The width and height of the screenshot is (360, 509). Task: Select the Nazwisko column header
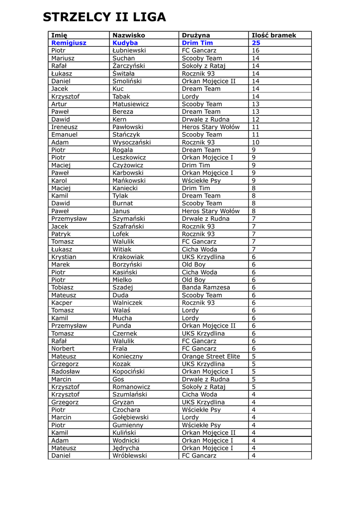point(129,35)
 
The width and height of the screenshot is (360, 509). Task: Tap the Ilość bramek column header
point(274,35)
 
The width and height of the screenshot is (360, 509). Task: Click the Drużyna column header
point(196,35)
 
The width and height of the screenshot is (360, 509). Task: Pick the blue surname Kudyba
point(125,43)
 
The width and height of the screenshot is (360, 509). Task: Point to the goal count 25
point(256,43)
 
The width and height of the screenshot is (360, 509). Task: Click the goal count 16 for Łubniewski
point(256,51)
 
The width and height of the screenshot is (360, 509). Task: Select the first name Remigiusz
point(69,43)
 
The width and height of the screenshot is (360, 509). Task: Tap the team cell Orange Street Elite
point(211,356)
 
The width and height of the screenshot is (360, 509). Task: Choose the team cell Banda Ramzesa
point(206,287)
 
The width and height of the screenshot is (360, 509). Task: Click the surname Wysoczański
point(132,142)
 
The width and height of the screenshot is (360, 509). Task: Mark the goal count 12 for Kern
point(256,119)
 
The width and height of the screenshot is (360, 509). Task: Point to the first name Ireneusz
point(64,127)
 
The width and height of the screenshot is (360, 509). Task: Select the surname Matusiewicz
point(131,104)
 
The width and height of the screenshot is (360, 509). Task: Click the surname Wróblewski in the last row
point(130,456)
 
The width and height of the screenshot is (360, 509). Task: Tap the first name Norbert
point(63,349)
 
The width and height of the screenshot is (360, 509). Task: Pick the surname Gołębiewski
point(130,418)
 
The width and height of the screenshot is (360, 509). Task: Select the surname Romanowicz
point(131,387)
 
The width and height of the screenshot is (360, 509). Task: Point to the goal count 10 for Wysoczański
point(256,142)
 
